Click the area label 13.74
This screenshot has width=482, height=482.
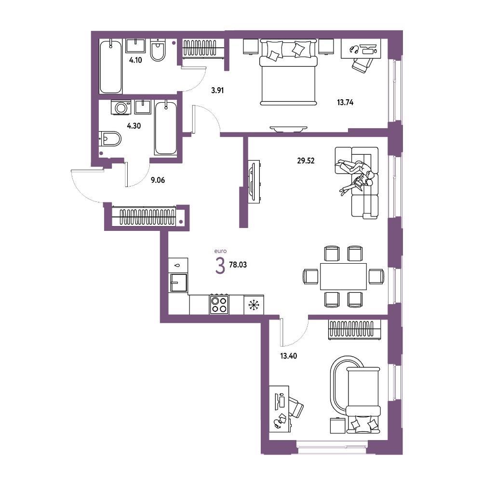tap(345, 102)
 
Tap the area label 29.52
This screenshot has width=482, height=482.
tap(306, 161)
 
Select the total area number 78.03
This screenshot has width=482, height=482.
tap(238, 265)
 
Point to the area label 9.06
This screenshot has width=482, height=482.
tap(158, 180)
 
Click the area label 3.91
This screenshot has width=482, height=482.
tap(217, 91)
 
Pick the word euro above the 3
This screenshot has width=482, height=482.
tap(220, 251)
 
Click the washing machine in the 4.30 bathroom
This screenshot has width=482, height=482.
tap(121, 107)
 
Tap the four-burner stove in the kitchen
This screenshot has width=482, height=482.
tap(219, 304)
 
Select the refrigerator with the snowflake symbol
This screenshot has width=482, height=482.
tap(254, 305)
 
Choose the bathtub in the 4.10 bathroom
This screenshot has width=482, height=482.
tap(111, 67)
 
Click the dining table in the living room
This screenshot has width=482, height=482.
tap(343, 276)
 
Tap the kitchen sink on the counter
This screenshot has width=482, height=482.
tap(179, 282)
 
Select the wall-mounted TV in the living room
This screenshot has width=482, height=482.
tap(254, 181)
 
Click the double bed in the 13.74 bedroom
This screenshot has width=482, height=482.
tap(288, 72)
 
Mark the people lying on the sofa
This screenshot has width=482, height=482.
tap(356, 175)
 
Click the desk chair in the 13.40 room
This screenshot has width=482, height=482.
tap(295, 407)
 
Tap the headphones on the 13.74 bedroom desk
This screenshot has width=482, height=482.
tap(354, 49)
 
